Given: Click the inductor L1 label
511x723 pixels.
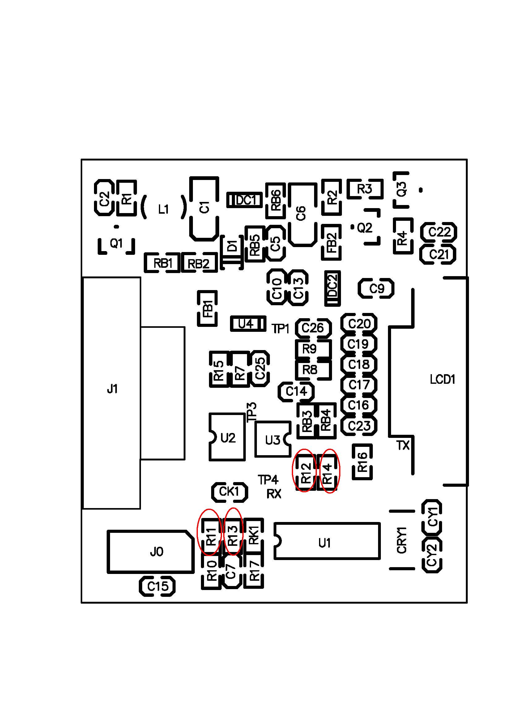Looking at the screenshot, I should point(164,209).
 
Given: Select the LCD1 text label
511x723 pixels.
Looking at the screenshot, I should point(443,380).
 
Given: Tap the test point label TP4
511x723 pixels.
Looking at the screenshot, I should point(268,480).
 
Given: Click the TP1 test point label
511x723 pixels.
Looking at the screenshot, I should point(280,329).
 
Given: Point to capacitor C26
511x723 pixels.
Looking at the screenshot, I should point(313,328).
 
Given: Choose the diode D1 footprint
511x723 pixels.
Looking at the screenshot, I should point(232,253).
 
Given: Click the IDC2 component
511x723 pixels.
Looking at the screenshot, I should point(333,288).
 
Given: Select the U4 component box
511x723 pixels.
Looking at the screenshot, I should point(248,323).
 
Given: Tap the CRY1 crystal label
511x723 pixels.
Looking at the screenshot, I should point(402,540).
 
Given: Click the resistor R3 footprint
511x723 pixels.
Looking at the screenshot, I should point(365,189).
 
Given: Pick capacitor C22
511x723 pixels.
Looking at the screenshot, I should point(439,232).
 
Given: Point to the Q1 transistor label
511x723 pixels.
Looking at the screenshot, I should point(116,243).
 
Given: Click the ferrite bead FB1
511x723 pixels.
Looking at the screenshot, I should point(207,308).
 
